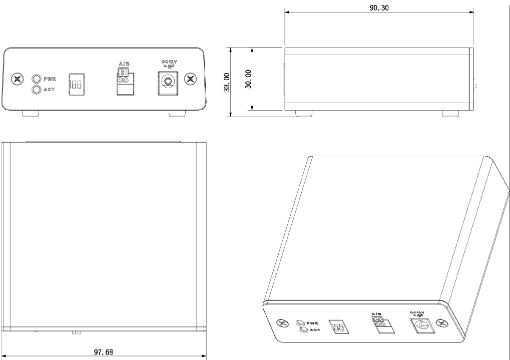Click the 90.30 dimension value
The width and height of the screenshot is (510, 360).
pyautogui.click(x=379, y=8)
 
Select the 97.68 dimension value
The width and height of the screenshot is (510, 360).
pyautogui.click(x=104, y=352)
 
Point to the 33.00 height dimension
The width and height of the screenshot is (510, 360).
pyautogui.click(x=227, y=82)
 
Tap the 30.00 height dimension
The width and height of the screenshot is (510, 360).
pyautogui.click(x=248, y=79)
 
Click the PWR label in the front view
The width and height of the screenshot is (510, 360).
pyautogui.click(x=50, y=79)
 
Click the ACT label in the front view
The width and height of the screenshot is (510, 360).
pyautogui.click(x=50, y=90)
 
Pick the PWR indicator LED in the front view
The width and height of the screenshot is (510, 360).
pyautogui.click(x=37, y=79)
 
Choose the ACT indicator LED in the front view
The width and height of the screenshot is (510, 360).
pyautogui.click(x=37, y=90)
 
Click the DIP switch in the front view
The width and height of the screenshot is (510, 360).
pyautogui.click(x=76, y=83)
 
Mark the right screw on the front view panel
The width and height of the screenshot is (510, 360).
pyautogui.click(x=191, y=79)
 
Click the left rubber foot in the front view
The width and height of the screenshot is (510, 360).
pyautogui.click(x=31, y=114)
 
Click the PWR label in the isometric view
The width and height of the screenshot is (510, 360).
pyautogui.click(x=313, y=323)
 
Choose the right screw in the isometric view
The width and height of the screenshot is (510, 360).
pyautogui.click(x=442, y=324)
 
